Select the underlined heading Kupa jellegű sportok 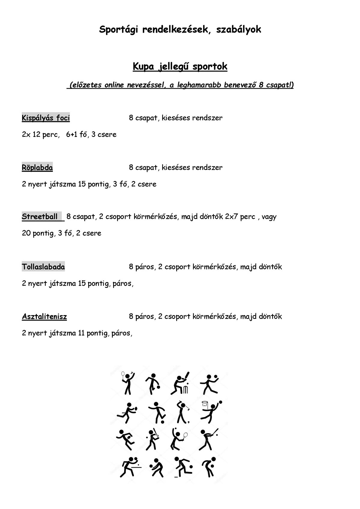point(180,66)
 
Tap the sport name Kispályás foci point(46,118)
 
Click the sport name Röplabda point(37,167)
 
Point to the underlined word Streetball point(40,217)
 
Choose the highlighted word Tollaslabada point(43,267)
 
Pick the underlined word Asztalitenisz point(44,317)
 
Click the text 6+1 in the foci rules point(71,134)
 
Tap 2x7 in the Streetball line point(231,217)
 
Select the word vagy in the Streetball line point(269,217)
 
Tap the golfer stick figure point(181,412)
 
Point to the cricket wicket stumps point(186,390)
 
